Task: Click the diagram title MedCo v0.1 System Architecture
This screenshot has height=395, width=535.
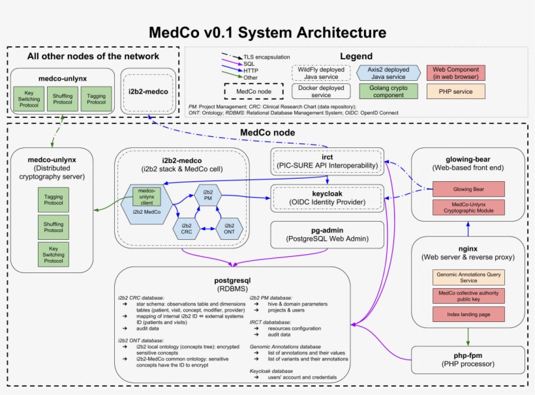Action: click(x=267, y=32)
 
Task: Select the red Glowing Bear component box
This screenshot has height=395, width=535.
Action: click(x=468, y=189)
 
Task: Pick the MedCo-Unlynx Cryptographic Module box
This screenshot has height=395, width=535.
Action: click(x=468, y=208)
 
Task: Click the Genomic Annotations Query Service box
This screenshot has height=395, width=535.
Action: click(x=468, y=278)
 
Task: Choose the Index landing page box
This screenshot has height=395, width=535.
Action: click(x=468, y=314)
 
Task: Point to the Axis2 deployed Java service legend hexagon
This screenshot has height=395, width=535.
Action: click(x=384, y=72)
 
